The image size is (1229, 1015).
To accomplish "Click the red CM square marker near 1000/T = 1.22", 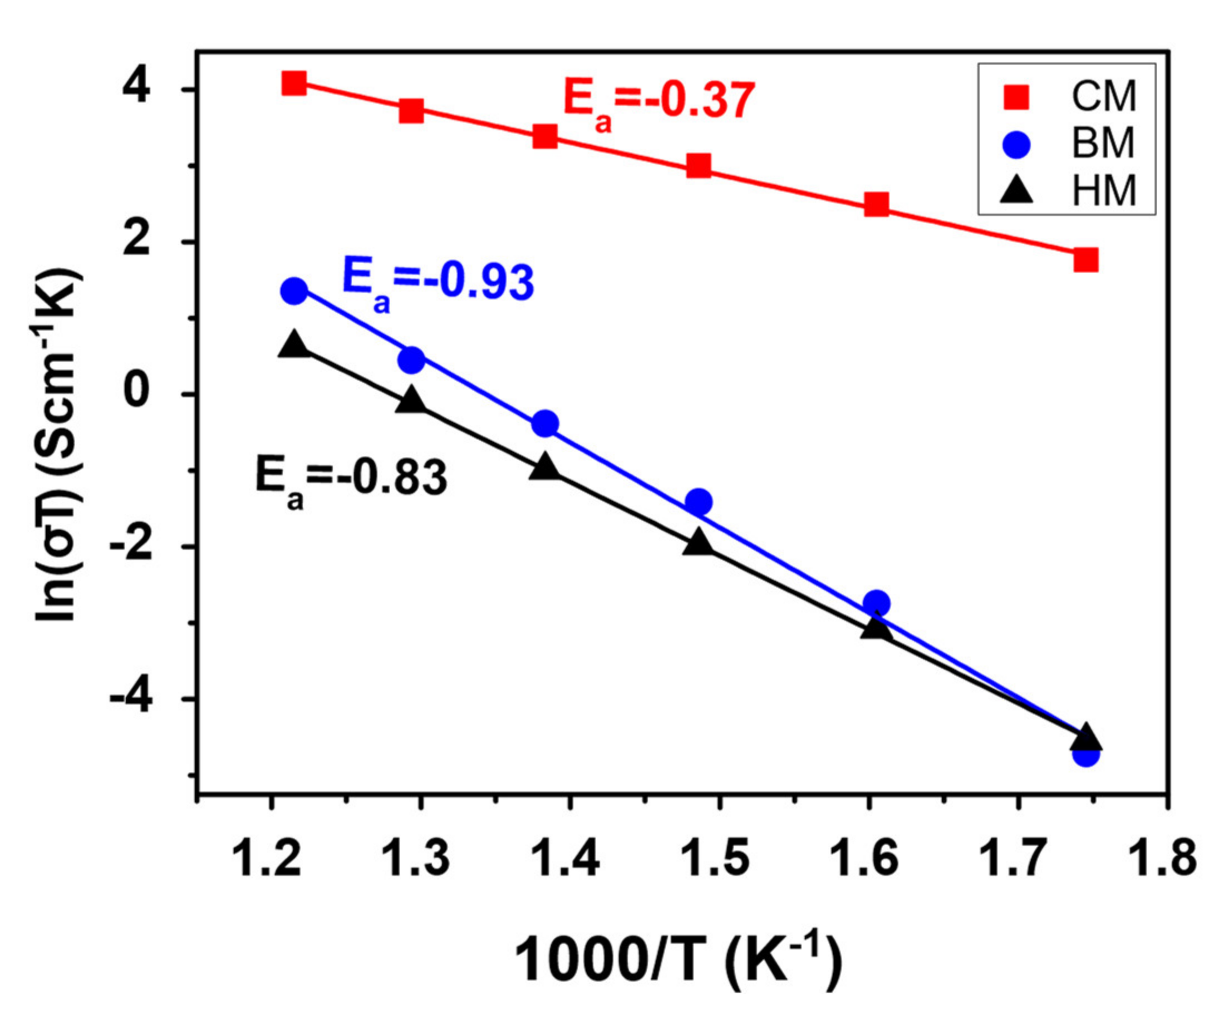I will (x=293, y=83).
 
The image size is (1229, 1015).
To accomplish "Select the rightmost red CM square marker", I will (x=1086, y=260).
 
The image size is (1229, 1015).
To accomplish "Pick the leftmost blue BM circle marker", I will (x=293, y=290).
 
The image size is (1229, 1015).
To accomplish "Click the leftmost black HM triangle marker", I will (x=293, y=344).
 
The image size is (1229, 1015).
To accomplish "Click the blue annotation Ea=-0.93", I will (x=438, y=284).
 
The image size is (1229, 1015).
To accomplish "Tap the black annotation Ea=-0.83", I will (x=351, y=480).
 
